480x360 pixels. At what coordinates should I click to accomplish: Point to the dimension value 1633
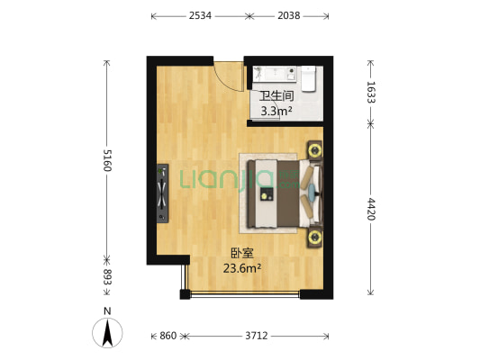pyautogui.click(x=370, y=93)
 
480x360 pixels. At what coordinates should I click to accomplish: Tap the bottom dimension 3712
pyautogui.click(x=256, y=336)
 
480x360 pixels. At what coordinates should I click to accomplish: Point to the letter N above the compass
pyautogui.click(x=107, y=311)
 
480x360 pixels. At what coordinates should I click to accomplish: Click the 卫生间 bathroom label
pyautogui.click(x=276, y=96)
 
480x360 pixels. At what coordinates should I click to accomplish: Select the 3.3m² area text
pyautogui.click(x=276, y=111)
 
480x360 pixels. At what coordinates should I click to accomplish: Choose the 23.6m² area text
pyautogui.click(x=242, y=267)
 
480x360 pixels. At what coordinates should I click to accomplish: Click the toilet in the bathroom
pyautogui.click(x=308, y=79)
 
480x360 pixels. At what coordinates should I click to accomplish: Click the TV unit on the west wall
pyautogui.click(x=163, y=191)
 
